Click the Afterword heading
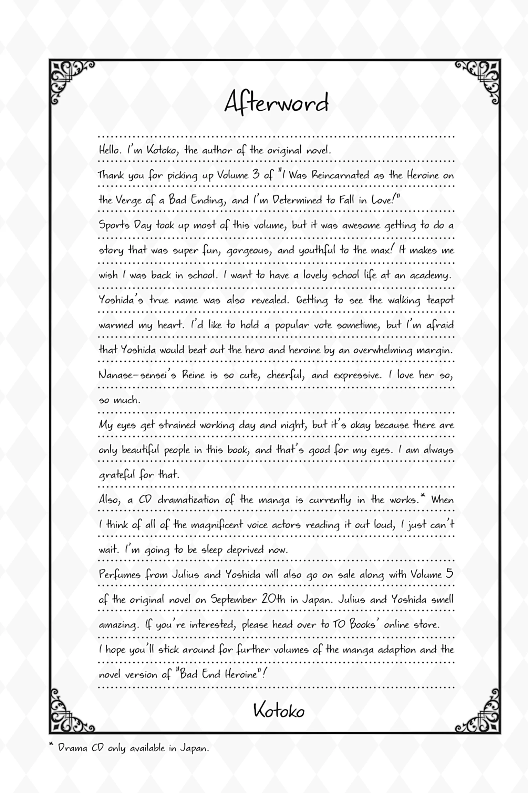pos(276,102)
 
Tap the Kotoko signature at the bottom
pos(279,711)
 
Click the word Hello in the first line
pos(110,150)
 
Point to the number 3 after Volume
pos(256,174)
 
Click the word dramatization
pos(188,500)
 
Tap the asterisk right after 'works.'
pos(423,496)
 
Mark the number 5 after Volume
pos(449,574)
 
